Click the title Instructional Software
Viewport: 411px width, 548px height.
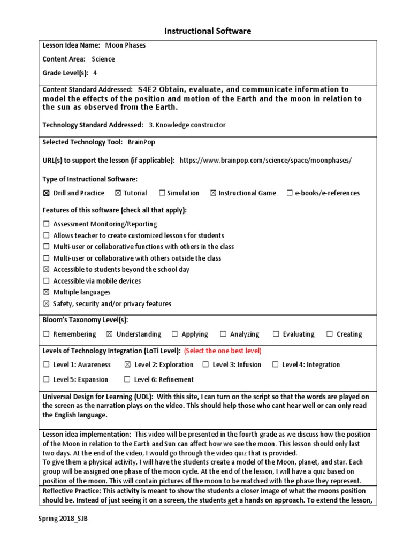(x=205, y=31)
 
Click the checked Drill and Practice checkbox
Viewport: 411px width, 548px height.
(x=46, y=193)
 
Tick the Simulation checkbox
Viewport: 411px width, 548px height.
(x=162, y=193)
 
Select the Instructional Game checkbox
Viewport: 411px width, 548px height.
(x=213, y=193)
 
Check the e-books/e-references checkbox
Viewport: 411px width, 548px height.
(x=290, y=193)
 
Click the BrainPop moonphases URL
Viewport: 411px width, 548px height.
(x=265, y=160)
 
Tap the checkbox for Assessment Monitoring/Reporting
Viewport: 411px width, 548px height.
(x=46, y=224)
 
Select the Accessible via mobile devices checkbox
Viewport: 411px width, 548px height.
(x=46, y=281)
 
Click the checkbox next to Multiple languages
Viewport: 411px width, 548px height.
(x=46, y=292)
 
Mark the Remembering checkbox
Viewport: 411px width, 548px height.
(x=46, y=334)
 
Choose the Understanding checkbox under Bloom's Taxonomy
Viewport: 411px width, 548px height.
(x=110, y=334)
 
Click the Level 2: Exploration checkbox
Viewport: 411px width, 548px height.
(x=127, y=365)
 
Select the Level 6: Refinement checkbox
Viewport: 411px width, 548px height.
(x=127, y=380)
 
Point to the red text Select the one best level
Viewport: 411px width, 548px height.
(x=223, y=351)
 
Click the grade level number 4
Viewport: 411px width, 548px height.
(x=95, y=73)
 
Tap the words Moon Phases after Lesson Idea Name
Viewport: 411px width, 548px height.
(x=125, y=45)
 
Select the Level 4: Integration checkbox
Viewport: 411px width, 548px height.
(x=275, y=365)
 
